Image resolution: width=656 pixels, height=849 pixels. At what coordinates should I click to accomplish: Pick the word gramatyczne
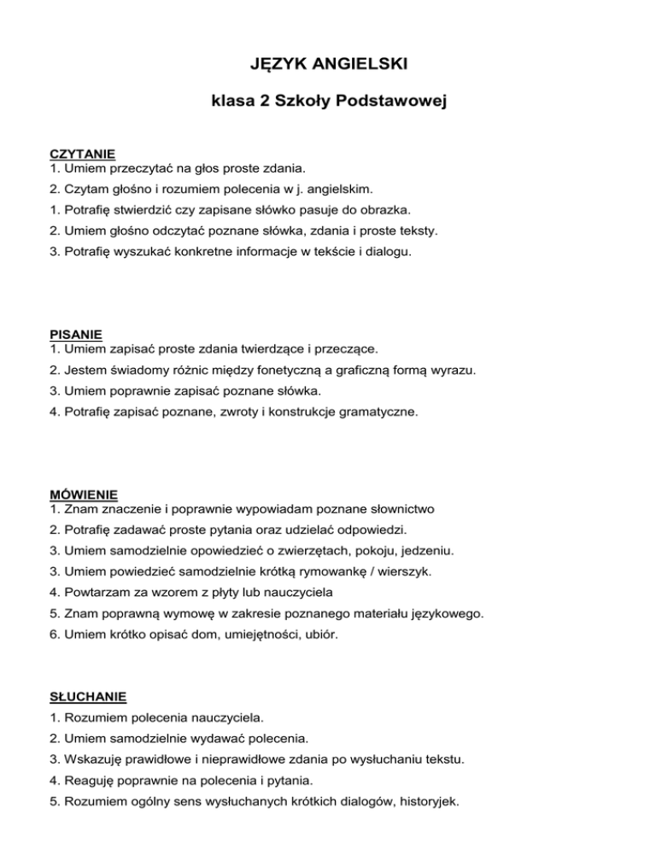379,412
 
